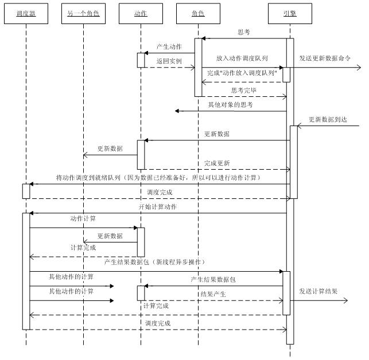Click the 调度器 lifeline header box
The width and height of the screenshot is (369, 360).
click(26, 13)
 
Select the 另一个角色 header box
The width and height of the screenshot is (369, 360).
click(83, 13)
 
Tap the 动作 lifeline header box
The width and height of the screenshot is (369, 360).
click(140, 13)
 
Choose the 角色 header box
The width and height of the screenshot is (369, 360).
click(198, 13)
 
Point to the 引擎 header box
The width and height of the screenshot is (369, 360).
click(290, 13)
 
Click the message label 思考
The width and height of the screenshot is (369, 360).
click(243, 32)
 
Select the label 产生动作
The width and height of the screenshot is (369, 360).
click(169, 46)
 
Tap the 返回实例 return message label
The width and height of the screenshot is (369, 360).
click(168, 60)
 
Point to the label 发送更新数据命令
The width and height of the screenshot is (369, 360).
click(325, 58)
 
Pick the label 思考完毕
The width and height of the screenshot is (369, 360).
click(243, 91)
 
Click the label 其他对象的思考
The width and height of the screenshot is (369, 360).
click(230, 105)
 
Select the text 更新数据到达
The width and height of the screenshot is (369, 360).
click(329, 119)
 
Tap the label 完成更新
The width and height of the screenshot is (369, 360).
click(217, 163)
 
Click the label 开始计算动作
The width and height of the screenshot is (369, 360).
click(157, 206)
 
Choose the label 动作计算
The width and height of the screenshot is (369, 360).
click(83, 218)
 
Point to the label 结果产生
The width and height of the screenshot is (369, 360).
click(213, 294)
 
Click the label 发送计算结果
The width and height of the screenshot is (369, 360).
click(318, 291)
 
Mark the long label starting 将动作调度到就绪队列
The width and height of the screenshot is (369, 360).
click(158, 178)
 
